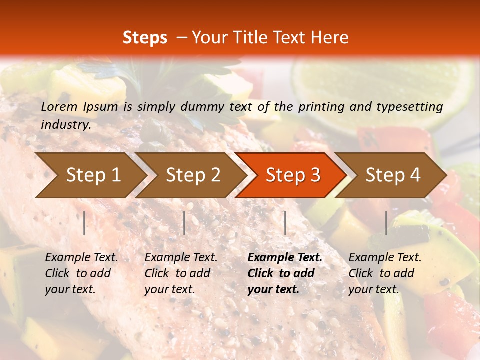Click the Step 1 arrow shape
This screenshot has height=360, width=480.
point(90,175)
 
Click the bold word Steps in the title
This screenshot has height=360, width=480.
point(145,38)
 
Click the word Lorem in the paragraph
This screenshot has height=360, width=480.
point(59,106)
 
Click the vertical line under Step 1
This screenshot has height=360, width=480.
point(84,223)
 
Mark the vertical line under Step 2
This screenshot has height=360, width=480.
point(184,223)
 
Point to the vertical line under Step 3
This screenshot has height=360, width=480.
point(285,223)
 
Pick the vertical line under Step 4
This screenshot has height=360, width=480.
point(386,223)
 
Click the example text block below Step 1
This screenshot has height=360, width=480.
point(81,273)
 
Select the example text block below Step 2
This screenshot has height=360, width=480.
point(181,273)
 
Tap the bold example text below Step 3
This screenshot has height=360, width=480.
point(285,273)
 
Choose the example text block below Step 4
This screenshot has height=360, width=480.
point(385,273)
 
